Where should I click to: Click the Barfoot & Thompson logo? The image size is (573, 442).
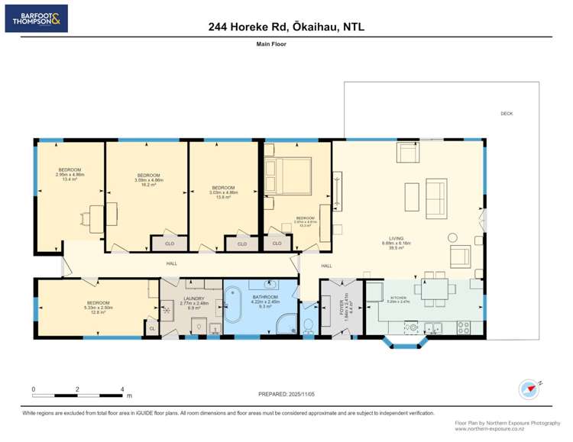[36, 18]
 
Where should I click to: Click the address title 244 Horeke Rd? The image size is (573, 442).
[286, 27]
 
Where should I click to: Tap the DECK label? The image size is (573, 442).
[507, 114]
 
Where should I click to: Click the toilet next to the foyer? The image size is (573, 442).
[308, 325]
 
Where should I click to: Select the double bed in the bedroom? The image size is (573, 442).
[287, 177]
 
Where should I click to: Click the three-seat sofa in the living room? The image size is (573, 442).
[436, 198]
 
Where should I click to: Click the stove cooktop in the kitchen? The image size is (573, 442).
[464, 327]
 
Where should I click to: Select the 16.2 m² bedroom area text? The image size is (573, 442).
[146, 185]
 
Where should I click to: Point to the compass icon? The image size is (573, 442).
[528, 389]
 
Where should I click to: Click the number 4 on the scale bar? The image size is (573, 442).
[122, 389]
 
